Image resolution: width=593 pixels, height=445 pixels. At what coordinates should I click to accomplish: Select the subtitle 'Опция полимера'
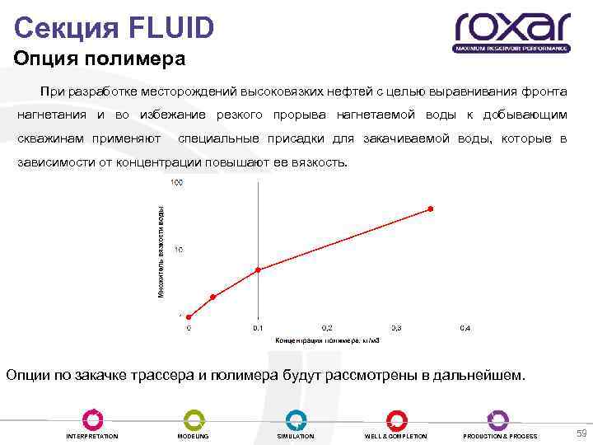pos(100,60)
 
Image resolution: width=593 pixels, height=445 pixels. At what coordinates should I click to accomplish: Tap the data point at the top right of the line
pos(430,209)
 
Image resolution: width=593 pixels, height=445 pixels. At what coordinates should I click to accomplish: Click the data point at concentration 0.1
pos(259,269)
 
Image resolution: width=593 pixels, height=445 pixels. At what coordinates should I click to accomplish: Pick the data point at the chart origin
pos(189,316)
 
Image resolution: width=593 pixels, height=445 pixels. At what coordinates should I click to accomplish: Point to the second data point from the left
pos(212,297)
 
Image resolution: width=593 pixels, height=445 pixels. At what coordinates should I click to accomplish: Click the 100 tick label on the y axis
pos(176,181)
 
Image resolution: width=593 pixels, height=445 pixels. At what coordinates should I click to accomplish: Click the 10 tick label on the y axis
pos(178,249)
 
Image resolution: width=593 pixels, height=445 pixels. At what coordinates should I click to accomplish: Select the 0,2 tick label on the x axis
pos(327,328)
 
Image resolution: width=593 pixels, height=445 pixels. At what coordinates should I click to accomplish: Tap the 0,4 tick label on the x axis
pos(465,328)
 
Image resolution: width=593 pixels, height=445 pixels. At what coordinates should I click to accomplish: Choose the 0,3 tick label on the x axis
pos(396,328)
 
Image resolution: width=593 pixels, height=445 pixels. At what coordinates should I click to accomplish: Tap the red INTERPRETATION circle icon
pos(92,419)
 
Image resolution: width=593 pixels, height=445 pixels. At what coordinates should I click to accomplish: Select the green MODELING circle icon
pos(194,419)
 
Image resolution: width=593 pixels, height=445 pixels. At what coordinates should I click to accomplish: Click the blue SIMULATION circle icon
pos(296,419)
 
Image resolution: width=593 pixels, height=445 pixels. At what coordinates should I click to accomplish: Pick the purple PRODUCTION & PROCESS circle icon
pos(498,419)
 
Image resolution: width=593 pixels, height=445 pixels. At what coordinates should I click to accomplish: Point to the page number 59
pos(581,433)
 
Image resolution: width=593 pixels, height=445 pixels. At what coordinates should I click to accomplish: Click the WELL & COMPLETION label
pos(396,436)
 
